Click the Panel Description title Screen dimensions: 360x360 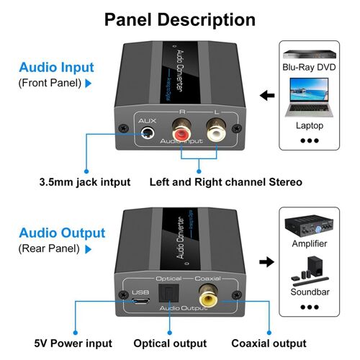point(180,19)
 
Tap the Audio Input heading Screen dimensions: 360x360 point(57,68)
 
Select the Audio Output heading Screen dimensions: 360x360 point(62,233)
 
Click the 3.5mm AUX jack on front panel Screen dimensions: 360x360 point(149,134)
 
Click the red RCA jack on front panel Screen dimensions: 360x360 point(180,132)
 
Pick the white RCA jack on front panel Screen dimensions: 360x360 point(215,132)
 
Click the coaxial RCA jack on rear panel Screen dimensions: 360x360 point(208,296)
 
